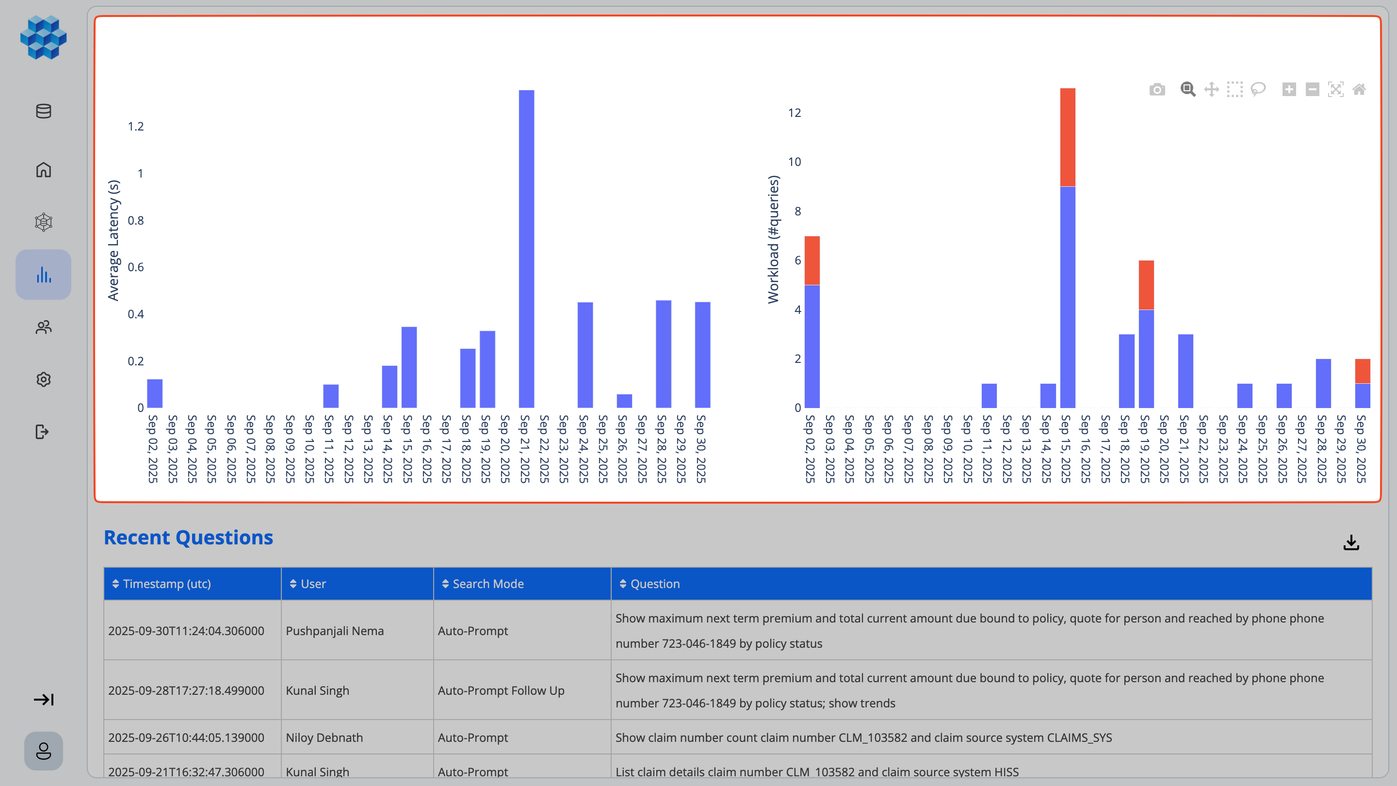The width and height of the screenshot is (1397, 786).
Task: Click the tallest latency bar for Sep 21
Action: pos(526,249)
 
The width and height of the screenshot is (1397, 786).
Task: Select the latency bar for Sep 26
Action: pos(624,401)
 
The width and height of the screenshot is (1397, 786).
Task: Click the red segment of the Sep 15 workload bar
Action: pos(1067,137)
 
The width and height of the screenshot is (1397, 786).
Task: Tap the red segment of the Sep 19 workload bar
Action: pos(1146,285)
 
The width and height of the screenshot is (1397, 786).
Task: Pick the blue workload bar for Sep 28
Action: pos(1323,383)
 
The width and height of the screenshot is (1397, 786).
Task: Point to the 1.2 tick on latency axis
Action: pos(136,126)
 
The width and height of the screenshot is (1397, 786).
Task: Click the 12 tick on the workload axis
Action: pos(794,113)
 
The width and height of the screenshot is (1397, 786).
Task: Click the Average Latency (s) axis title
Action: pos(114,240)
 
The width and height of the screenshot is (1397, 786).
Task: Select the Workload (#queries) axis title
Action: pos(773,239)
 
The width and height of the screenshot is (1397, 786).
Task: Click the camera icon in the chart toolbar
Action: pos(1157,89)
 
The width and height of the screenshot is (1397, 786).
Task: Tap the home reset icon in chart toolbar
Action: pos(1359,89)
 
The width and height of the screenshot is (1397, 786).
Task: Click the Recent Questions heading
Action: pos(188,537)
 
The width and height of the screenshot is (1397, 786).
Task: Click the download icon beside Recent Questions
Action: pos(1351,542)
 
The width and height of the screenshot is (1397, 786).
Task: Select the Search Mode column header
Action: pos(487,584)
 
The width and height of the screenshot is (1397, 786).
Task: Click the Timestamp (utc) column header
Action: pos(166,584)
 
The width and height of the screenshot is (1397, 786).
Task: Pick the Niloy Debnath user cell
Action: pos(324,737)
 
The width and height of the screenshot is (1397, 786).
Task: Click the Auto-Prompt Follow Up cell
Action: pos(501,690)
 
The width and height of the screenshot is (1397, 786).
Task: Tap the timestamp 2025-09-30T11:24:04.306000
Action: pos(186,631)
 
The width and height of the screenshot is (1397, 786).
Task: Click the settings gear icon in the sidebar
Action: pos(43,379)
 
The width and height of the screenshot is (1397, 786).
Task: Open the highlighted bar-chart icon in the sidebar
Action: pos(43,275)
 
